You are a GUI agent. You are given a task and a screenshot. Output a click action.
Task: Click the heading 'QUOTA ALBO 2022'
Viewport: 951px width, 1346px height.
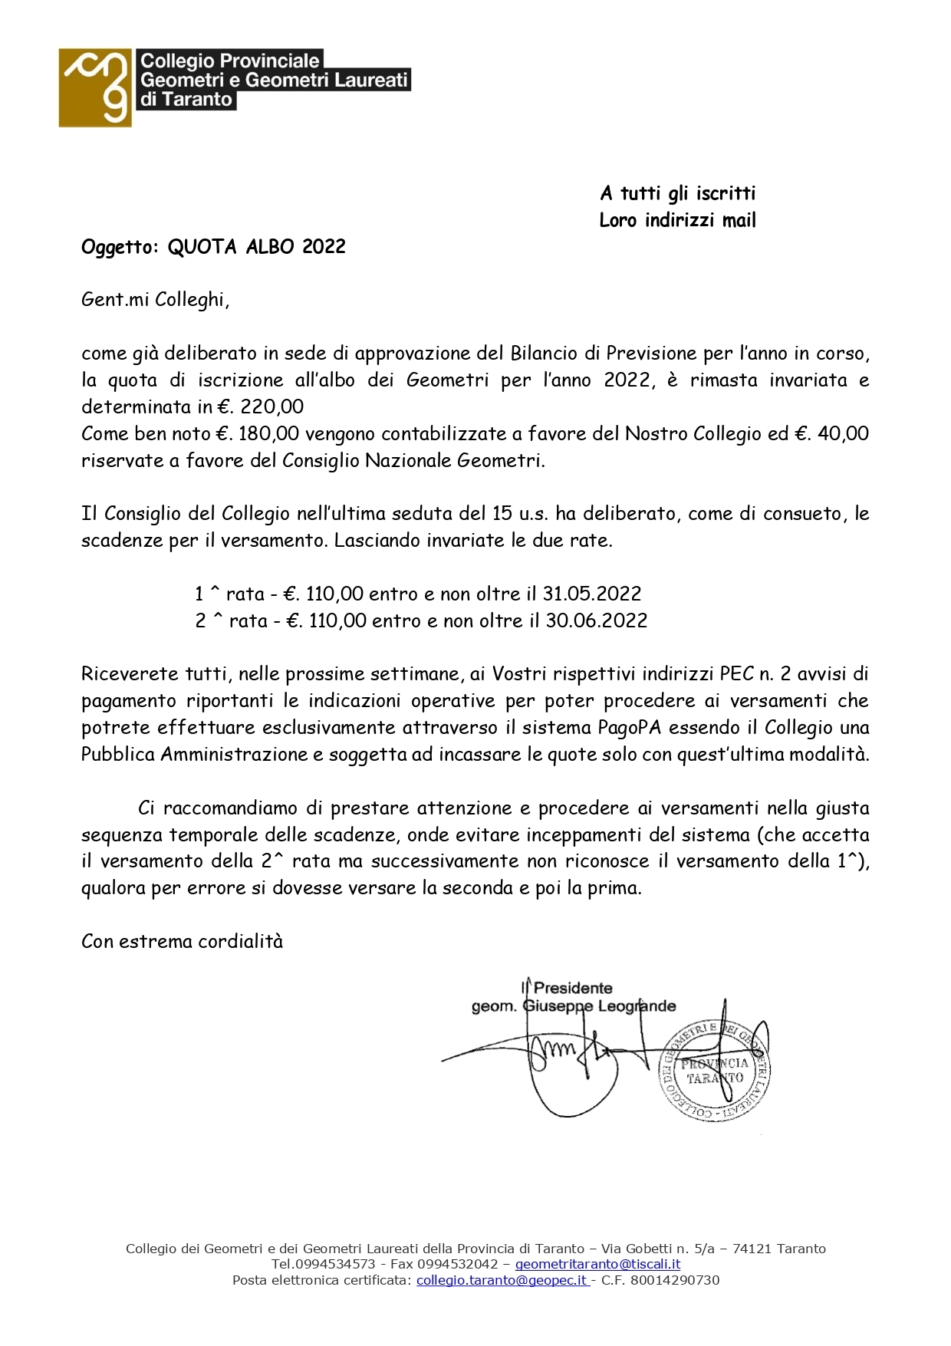click(x=256, y=247)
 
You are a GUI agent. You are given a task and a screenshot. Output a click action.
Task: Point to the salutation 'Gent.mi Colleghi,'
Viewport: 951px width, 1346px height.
click(x=155, y=300)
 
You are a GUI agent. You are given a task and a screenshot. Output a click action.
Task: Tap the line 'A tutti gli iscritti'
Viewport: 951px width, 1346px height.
click(x=677, y=193)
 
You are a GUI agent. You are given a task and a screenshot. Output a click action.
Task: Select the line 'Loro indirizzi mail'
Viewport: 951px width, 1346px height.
click(x=677, y=221)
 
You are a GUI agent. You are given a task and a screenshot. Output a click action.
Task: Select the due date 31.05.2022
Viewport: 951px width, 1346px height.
click(x=592, y=594)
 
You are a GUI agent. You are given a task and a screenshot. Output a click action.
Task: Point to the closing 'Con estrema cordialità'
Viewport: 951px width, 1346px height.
click(x=182, y=941)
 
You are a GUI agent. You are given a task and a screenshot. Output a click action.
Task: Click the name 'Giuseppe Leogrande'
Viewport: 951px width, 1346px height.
click(x=599, y=1006)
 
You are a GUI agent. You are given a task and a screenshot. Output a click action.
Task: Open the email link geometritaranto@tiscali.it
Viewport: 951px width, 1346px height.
click(x=597, y=1264)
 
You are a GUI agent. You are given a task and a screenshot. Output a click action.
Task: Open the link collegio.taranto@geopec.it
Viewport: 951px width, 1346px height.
click(x=502, y=1280)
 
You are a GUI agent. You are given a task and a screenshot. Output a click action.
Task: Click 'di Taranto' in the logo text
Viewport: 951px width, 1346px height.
click(x=186, y=100)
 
